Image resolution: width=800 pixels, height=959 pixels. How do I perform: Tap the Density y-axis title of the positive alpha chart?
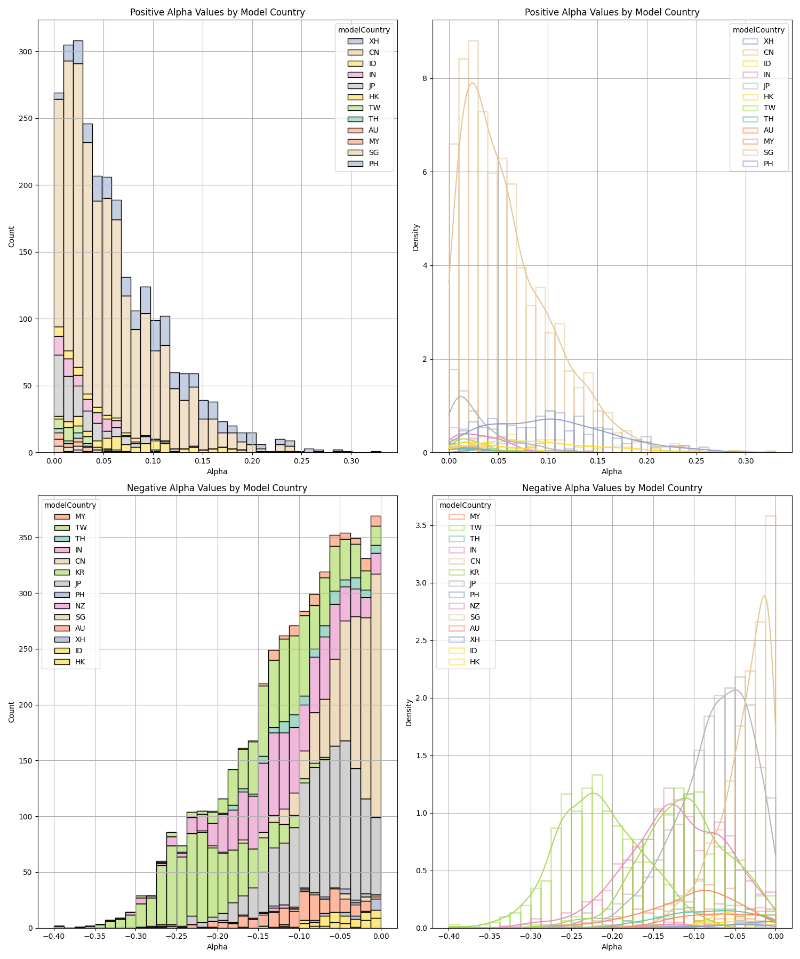point(416,237)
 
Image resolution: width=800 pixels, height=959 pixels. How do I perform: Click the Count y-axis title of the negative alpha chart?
point(12,712)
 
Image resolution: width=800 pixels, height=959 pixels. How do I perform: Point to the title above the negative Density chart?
point(612,487)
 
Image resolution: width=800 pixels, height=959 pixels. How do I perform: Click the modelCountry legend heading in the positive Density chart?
point(758,30)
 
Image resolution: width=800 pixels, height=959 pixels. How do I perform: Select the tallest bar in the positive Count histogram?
point(78,245)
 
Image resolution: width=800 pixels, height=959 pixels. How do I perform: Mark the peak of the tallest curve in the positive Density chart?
point(472,83)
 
